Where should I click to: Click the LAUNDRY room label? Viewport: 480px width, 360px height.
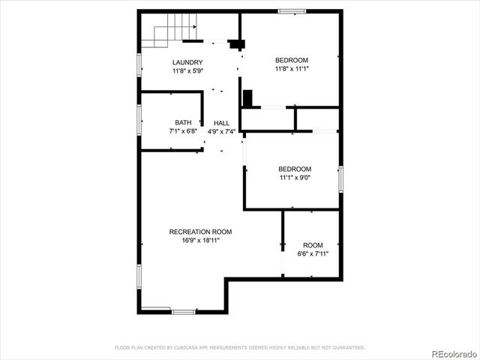click(x=187, y=62)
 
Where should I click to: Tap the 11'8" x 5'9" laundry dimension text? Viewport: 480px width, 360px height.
click(x=187, y=70)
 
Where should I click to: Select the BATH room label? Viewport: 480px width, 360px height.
click(x=183, y=122)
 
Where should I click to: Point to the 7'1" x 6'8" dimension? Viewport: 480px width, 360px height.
click(x=183, y=131)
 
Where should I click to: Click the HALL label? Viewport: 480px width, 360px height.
click(x=221, y=123)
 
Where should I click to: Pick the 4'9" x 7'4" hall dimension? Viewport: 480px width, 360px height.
click(x=221, y=131)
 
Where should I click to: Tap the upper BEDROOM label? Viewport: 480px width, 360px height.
click(x=292, y=60)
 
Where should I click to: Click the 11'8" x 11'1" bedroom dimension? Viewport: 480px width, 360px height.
click(x=292, y=68)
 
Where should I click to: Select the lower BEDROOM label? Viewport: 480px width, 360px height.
click(x=295, y=169)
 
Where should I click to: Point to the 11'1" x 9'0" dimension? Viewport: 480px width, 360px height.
click(x=295, y=178)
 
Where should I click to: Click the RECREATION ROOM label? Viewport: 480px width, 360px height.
click(x=200, y=231)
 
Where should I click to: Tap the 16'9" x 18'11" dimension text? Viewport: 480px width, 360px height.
click(x=200, y=240)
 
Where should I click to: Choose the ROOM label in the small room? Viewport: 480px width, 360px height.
click(x=313, y=245)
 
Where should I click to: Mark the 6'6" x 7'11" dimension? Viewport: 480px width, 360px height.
click(x=313, y=253)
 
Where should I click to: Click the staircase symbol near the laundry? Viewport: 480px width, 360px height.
click(x=173, y=34)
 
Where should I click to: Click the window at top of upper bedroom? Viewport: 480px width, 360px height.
click(x=292, y=10)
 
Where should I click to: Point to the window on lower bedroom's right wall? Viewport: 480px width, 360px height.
click(x=340, y=178)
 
